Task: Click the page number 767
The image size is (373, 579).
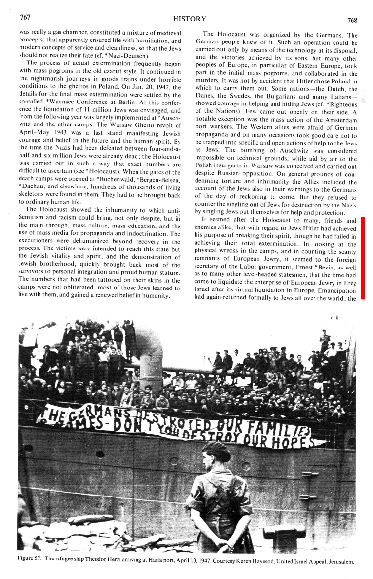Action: pos(25,18)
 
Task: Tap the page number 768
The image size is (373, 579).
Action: pos(352,20)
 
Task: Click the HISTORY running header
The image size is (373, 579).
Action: pos(189,19)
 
